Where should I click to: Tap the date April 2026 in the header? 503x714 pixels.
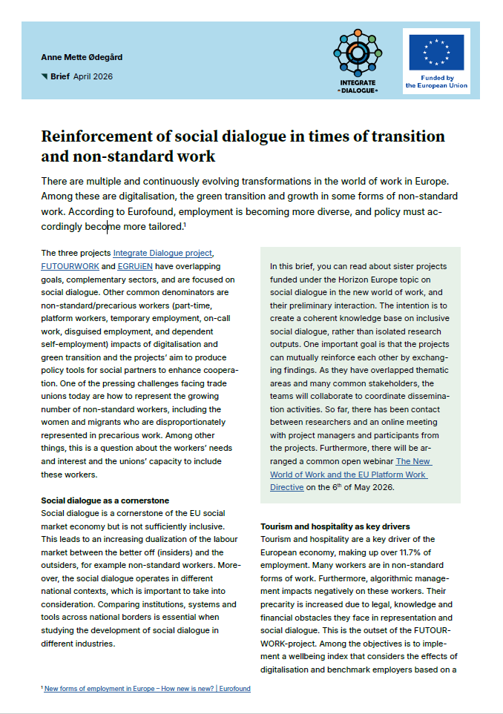[x=93, y=76]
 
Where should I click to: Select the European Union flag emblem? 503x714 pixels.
[x=436, y=52]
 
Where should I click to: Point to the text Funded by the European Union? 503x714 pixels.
[x=436, y=82]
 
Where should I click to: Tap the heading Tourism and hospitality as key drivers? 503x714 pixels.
[x=335, y=526]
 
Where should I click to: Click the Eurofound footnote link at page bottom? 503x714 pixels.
[x=147, y=689]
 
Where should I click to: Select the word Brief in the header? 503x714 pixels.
[x=59, y=76]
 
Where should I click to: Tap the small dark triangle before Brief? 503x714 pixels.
[x=45, y=76]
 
